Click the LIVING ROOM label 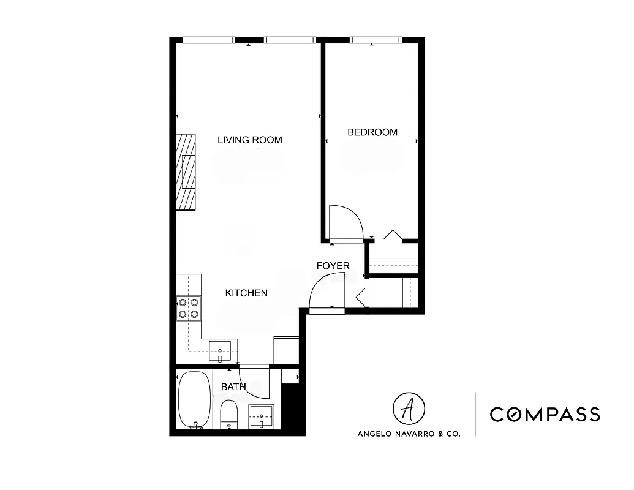tap(250, 140)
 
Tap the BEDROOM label tap(372, 132)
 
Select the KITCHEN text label tap(246, 293)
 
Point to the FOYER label tap(333, 266)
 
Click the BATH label tap(233, 387)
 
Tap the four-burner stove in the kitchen tap(189, 308)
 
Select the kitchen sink tap(220, 350)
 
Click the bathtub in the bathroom tap(194, 399)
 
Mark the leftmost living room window tap(209, 40)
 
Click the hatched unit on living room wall tap(186, 173)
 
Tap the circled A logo tap(409, 409)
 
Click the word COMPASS tap(545, 415)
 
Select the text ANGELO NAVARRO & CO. tap(409, 433)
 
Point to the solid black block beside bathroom tap(292, 407)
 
